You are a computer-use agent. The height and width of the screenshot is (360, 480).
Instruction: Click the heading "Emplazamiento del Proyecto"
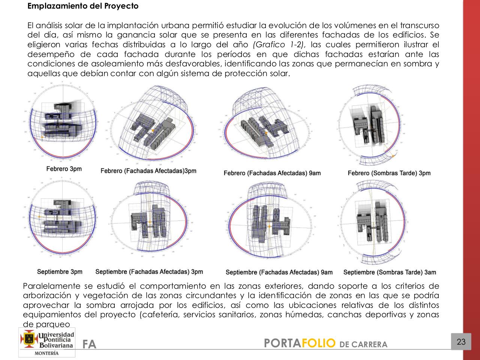tap(83, 6)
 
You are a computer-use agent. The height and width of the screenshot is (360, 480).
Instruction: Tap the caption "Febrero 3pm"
tap(64, 169)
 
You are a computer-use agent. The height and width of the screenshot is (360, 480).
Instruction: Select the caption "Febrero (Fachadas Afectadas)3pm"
tap(148, 171)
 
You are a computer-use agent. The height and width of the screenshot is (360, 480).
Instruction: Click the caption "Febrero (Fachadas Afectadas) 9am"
tap(272, 173)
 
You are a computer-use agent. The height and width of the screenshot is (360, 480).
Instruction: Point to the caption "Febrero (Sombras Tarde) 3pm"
tap(389, 173)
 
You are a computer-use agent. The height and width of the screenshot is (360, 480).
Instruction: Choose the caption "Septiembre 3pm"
tap(60, 271)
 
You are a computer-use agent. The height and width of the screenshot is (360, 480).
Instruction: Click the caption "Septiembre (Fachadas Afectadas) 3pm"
tap(149, 272)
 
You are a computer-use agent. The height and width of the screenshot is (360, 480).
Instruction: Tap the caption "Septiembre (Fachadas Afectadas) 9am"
tap(279, 272)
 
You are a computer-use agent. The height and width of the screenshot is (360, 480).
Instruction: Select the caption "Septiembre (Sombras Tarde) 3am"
tap(390, 272)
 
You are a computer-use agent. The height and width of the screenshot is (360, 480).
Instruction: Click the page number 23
tap(461, 342)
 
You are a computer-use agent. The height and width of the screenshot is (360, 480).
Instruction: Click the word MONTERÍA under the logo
tap(46, 353)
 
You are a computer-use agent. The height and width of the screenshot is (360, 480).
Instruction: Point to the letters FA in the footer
tap(90, 344)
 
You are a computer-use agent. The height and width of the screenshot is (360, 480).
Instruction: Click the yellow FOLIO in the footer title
tap(318, 343)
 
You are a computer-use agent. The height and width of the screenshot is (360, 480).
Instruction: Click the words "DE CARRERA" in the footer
tap(363, 345)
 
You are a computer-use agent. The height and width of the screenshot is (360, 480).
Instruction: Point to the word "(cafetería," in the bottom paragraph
tap(160, 315)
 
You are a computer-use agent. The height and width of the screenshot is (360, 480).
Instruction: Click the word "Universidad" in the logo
tap(57, 334)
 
